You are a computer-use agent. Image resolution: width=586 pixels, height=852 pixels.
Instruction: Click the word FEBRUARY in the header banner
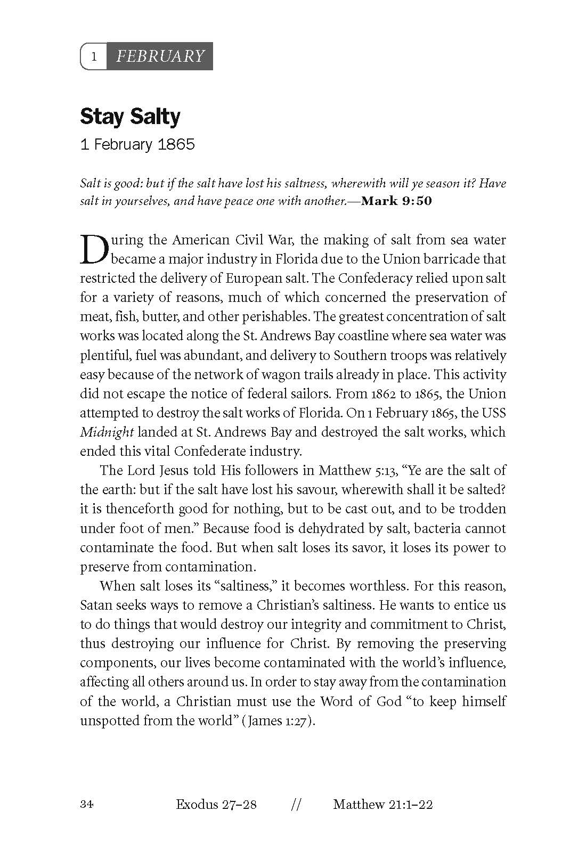click(160, 56)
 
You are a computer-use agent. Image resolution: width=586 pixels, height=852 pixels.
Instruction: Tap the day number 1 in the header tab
click(94, 56)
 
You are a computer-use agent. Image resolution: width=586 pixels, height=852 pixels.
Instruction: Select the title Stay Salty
click(130, 117)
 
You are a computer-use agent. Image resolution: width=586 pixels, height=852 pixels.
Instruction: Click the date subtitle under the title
click(137, 144)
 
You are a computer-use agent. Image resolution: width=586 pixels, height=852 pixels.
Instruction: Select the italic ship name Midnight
click(107, 432)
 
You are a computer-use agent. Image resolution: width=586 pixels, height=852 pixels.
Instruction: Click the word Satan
click(95, 605)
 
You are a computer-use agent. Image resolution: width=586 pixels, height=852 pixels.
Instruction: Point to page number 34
click(86, 804)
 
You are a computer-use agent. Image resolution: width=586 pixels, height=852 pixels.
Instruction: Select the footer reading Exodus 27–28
click(216, 804)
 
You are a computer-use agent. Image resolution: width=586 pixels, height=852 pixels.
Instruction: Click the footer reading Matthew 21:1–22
click(382, 804)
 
